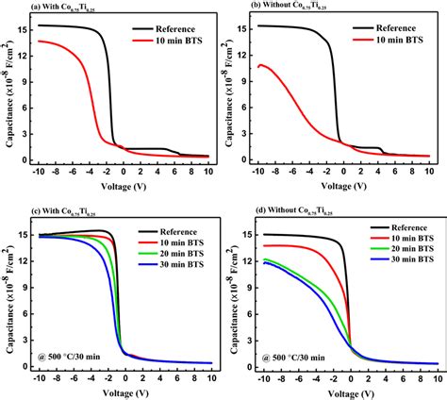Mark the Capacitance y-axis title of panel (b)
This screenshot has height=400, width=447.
[230, 90]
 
